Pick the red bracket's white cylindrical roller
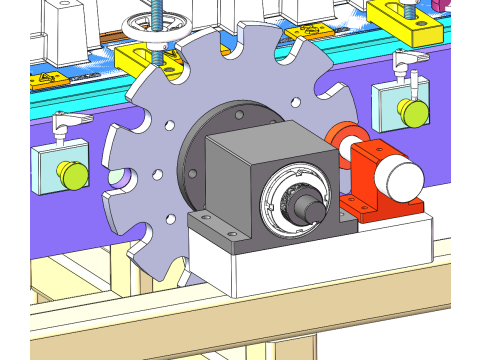click(x=404, y=183)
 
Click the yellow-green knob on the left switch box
click(x=73, y=176)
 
